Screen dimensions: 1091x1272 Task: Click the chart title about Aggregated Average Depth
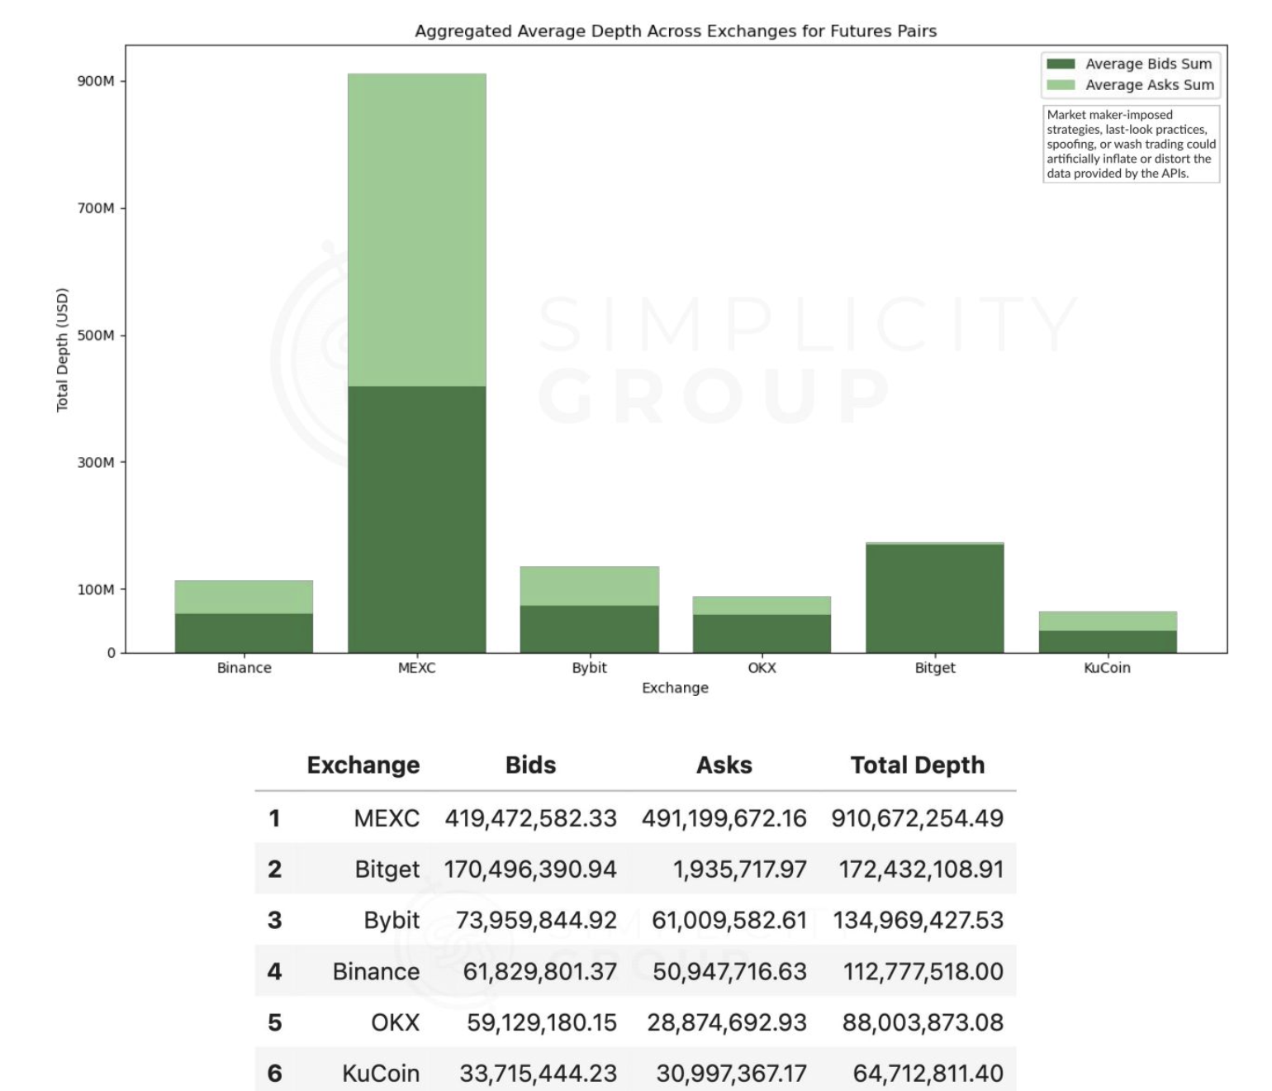click(675, 31)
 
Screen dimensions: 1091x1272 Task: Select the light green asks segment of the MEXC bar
click(416, 230)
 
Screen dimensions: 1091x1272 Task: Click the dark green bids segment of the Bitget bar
click(934, 598)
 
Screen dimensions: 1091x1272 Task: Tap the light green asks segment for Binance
click(244, 597)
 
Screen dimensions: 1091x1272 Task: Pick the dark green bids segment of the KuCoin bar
click(1107, 641)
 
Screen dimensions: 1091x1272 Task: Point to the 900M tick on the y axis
click(96, 81)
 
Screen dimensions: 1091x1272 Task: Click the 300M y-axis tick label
click(96, 462)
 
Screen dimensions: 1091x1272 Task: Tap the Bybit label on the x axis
click(589, 668)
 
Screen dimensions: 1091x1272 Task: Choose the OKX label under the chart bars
click(762, 668)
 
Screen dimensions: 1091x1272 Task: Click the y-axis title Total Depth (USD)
click(63, 350)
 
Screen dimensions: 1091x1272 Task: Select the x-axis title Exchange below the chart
click(675, 688)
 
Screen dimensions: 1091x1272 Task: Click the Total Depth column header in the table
click(917, 765)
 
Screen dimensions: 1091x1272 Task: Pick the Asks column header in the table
click(724, 765)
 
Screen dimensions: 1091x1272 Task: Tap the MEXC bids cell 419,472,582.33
click(530, 818)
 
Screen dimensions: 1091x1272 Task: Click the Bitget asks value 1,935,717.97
click(739, 869)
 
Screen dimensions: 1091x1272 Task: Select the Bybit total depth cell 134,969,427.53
click(918, 921)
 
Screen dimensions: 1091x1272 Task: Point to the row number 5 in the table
click(275, 1023)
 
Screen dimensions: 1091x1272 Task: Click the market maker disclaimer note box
click(1131, 144)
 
